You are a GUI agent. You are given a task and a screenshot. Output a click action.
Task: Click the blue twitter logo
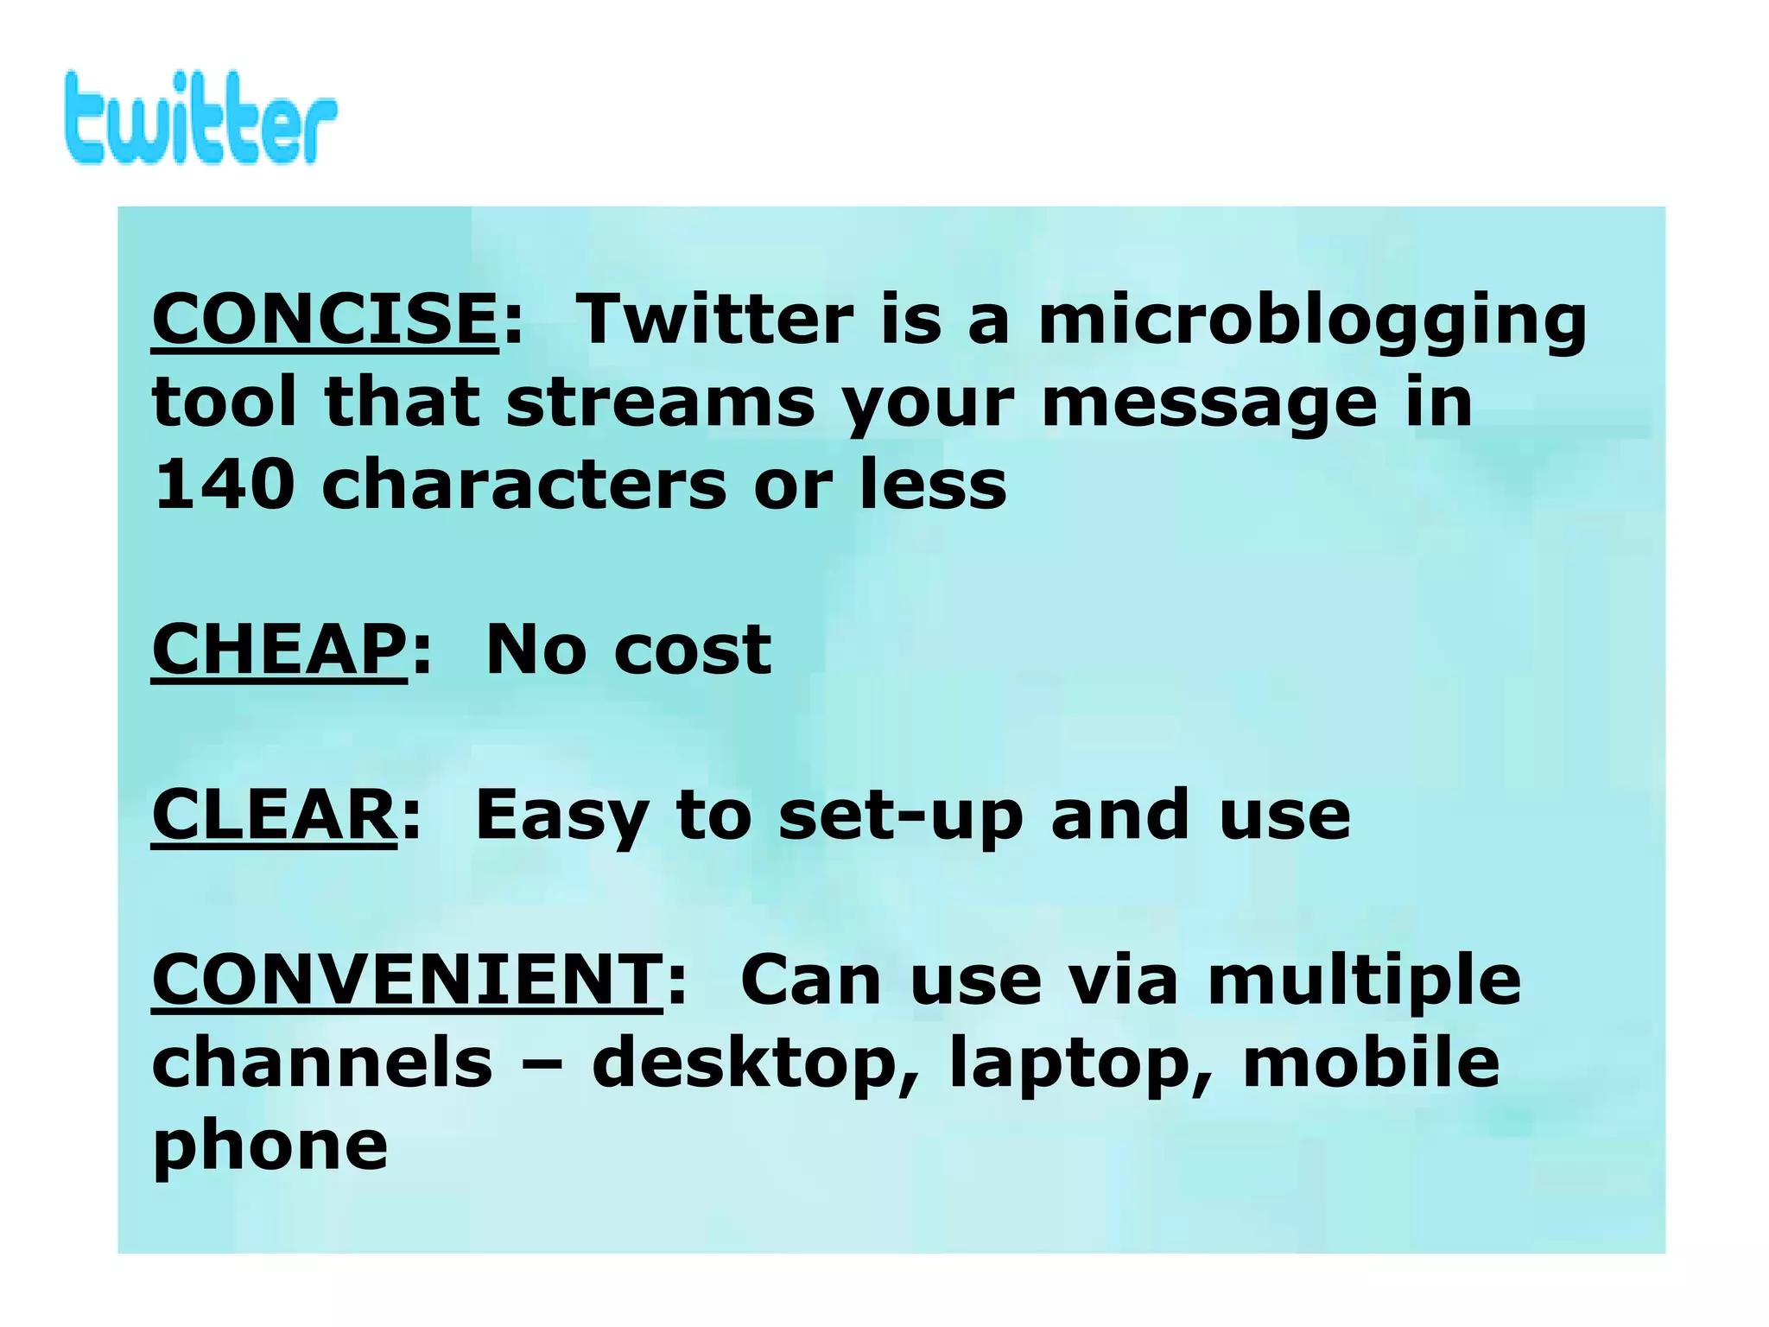point(200,118)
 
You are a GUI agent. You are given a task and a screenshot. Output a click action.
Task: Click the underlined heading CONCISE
point(325,319)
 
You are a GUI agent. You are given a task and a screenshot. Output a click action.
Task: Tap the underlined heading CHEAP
point(278,650)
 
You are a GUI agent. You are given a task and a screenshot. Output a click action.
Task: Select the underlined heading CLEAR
point(274,815)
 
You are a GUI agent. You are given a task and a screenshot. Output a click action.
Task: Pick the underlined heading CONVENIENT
point(407,981)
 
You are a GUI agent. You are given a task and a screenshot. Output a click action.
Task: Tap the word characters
point(524,485)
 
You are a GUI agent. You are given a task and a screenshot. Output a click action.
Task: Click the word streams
point(661,403)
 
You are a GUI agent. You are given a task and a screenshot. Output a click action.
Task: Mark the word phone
point(270,1147)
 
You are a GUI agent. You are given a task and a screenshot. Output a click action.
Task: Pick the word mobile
point(1372,1063)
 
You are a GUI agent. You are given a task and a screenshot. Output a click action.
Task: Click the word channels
point(322,1063)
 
